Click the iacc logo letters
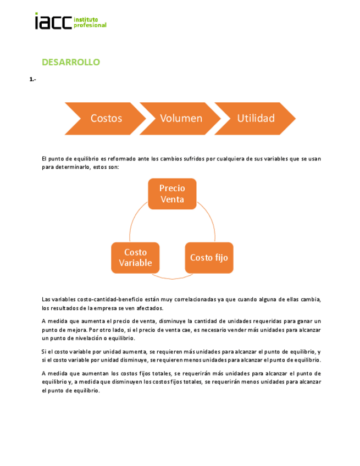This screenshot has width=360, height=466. (x=53, y=21)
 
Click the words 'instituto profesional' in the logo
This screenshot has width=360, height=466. (x=90, y=23)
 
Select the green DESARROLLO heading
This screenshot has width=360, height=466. (x=71, y=62)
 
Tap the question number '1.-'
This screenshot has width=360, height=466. (x=33, y=80)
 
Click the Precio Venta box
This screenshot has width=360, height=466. (x=172, y=193)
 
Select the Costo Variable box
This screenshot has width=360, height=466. (x=135, y=258)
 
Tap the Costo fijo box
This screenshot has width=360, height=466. (x=209, y=258)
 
